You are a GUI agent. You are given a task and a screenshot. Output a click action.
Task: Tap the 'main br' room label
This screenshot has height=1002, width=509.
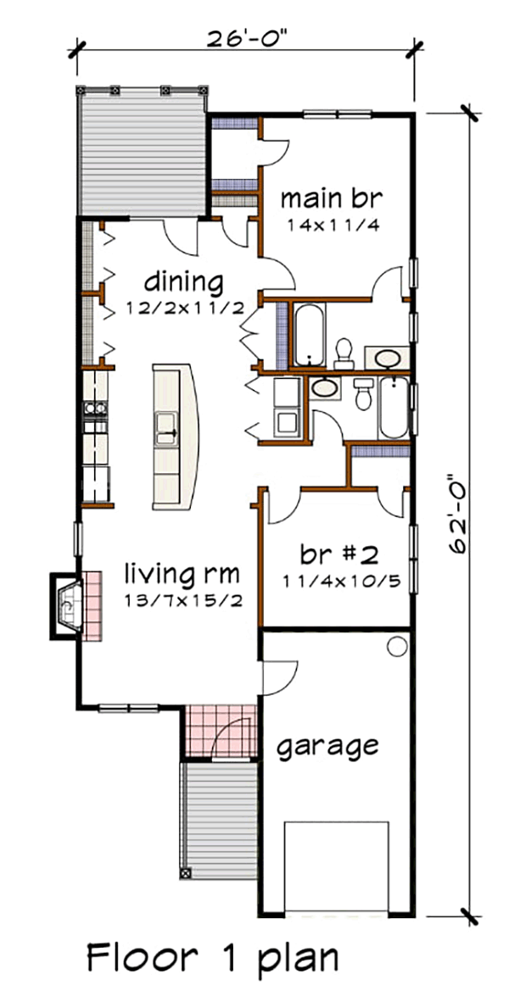point(331,198)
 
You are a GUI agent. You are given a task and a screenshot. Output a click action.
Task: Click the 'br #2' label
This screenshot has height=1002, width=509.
point(338,554)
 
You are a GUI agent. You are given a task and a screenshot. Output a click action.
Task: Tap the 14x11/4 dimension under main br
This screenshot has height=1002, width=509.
point(331,225)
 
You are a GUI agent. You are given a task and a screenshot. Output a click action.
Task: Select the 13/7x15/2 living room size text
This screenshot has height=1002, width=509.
point(182,601)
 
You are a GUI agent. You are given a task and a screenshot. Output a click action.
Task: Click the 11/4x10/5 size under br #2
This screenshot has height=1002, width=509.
point(338,582)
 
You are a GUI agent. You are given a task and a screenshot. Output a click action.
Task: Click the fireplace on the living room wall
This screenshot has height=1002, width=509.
point(66,606)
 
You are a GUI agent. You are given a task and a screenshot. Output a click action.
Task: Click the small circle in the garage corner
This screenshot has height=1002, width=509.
point(397,647)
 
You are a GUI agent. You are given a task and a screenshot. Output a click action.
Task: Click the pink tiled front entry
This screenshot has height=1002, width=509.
point(221,732)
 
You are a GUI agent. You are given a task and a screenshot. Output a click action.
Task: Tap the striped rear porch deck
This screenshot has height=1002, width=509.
point(142,152)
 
